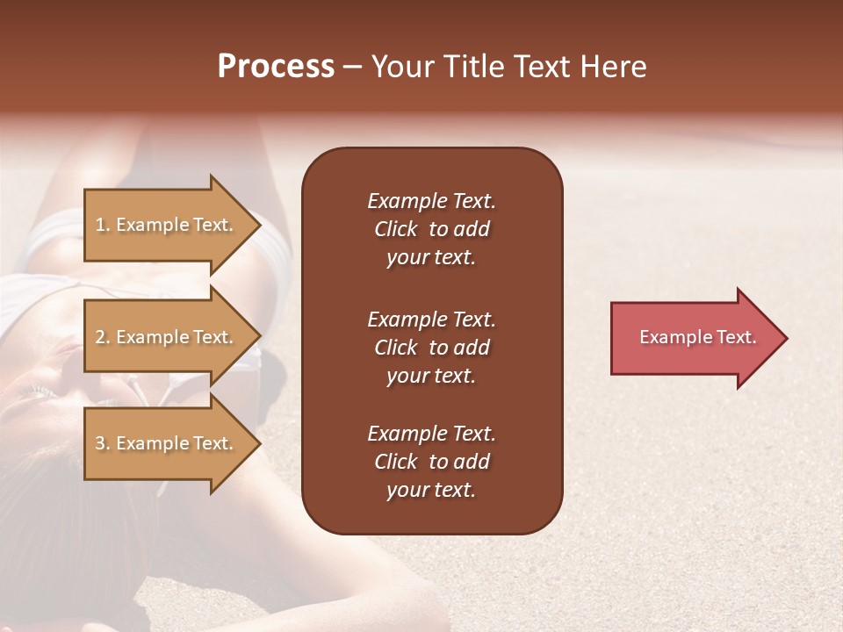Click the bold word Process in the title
(x=276, y=67)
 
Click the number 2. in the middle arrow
(x=103, y=337)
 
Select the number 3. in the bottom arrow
(x=103, y=443)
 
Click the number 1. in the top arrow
(x=103, y=225)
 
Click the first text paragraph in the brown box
(x=431, y=229)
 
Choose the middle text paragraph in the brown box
(x=431, y=348)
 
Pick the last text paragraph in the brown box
(x=431, y=462)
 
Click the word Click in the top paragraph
(x=395, y=229)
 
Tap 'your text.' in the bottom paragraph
(x=431, y=490)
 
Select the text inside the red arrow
(x=697, y=337)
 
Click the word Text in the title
(x=543, y=67)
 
